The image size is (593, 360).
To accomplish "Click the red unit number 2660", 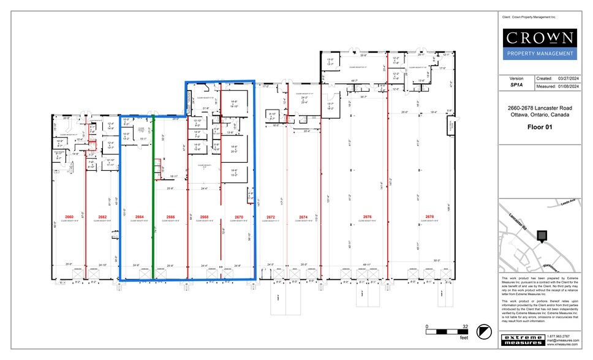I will pyautogui.click(x=69, y=217).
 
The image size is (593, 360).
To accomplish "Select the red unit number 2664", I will pyautogui.click(x=138, y=217).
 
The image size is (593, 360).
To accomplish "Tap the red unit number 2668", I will pyautogui.click(x=204, y=217).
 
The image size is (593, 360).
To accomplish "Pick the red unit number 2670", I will pyautogui.click(x=239, y=217).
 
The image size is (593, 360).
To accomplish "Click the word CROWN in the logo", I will pyautogui.click(x=539, y=38).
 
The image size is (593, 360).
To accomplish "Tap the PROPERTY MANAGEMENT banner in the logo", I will pyautogui.click(x=539, y=54).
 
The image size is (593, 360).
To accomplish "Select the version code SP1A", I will pyautogui.click(x=516, y=86).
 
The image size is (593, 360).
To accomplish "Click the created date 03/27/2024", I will pyautogui.click(x=568, y=78).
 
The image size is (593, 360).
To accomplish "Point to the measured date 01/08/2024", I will pyautogui.click(x=568, y=86).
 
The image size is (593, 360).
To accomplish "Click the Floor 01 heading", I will pyautogui.click(x=539, y=128).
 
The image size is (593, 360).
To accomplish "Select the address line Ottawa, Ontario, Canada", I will pyautogui.click(x=539, y=114).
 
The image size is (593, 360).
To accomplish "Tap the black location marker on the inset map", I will pyautogui.click(x=541, y=235).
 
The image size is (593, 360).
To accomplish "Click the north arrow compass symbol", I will pyautogui.click(x=485, y=331).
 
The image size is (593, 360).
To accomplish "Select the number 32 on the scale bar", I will pyautogui.click(x=465, y=326).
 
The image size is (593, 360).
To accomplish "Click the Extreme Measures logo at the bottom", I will pyautogui.click(x=521, y=339).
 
